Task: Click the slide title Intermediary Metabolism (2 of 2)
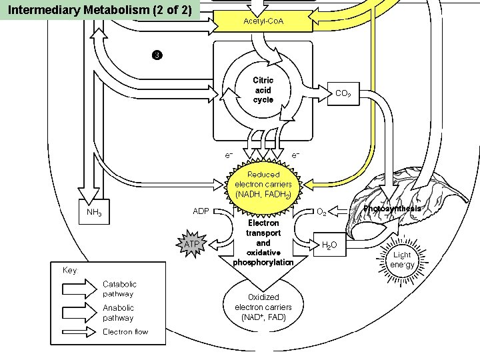pos(100,11)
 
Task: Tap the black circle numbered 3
pos(156,54)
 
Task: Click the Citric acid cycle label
pos(263,90)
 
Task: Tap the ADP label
pos(201,211)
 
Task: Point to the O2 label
pos(321,212)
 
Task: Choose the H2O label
pos(329,245)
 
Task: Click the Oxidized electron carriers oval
pos(263,307)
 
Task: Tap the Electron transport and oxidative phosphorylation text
pos(263,243)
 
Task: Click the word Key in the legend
pos(69,270)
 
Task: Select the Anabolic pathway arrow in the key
pos(79,313)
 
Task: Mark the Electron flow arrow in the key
pos(79,331)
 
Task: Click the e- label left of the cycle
pos(229,155)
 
